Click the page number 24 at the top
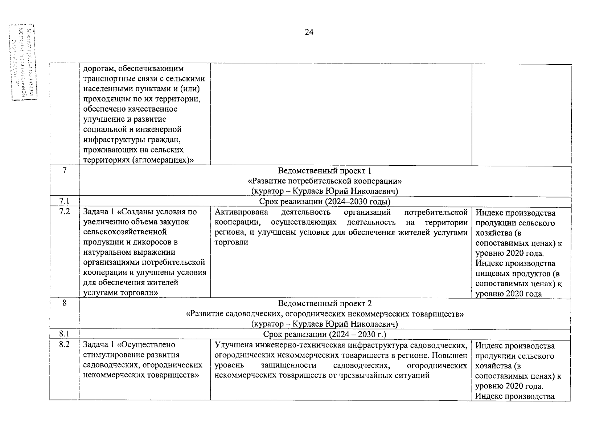(x=309, y=32)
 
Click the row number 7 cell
(x=65, y=170)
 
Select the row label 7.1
(x=65, y=201)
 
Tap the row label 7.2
(x=65, y=211)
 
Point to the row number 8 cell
(x=65, y=303)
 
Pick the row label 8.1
(x=65, y=334)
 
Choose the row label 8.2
(x=65, y=344)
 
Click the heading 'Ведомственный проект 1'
(x=325, y=171)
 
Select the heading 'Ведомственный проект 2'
(x=325, y=303)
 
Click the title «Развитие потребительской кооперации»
(x=325, y=181)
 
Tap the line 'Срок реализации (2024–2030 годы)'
(x=325, y=202)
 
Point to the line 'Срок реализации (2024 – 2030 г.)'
(x=325, y=334)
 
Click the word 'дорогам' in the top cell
(x=98, y=69)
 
